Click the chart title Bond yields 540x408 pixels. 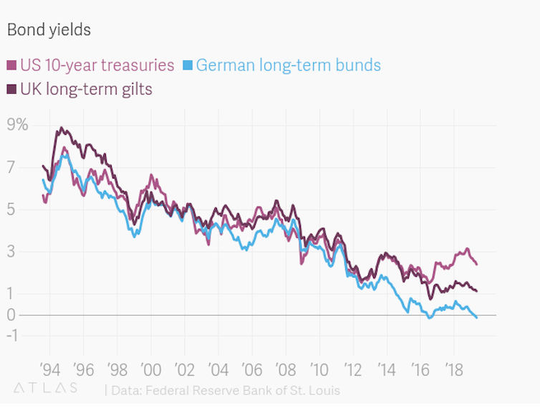49,30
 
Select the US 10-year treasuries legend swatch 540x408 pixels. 11,66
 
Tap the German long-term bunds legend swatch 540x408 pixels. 188,66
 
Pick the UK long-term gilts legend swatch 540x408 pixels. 11,90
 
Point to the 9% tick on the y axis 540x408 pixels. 17,125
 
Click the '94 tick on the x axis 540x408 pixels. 49,370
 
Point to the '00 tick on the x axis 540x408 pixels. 150,370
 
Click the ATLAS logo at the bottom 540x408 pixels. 45,388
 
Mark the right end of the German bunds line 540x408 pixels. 477,318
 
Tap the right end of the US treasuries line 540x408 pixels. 477,265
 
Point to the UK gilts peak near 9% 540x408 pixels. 61,128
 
